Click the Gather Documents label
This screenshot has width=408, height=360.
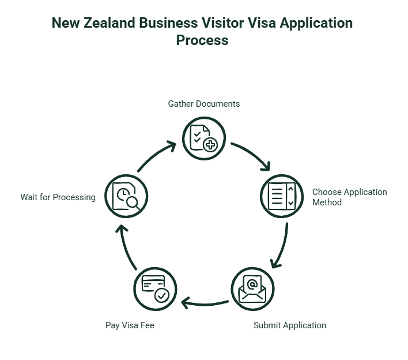tap(204, 104)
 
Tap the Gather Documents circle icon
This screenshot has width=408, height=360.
tap(204, 138)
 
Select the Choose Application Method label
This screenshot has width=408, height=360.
tap(349, 197)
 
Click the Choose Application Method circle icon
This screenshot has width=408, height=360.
tap(282, 196)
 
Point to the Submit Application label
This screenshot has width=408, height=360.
tap(289, 325)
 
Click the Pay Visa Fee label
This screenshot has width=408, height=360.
tap(130, 325)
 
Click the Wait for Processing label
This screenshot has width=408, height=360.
tap(58, 197)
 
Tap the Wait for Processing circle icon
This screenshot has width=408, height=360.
tap(126, 196)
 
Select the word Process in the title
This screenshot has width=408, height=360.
tap(202, 40)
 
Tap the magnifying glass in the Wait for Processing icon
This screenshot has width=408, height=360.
tap(134, 202)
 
